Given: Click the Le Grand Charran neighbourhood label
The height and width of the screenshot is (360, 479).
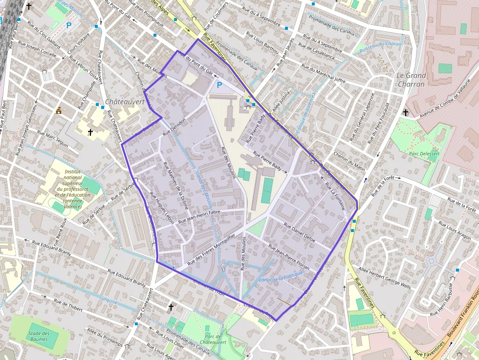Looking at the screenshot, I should tap(411, 80).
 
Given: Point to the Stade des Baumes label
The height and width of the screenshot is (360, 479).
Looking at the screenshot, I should tap(39, 337).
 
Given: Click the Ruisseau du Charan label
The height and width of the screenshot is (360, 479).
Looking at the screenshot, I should tap(379, 47).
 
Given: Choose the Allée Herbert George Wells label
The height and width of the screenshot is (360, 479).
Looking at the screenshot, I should tap(385, 277).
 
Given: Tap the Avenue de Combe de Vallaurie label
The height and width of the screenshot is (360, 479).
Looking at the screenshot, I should tap(445, 98).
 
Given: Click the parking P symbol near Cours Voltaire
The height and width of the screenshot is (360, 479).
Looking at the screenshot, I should tap(69, 25).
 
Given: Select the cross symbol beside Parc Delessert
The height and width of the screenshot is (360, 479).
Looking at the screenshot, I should tap(406, 113).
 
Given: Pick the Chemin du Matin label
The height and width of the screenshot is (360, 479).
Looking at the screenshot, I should tap(349, 161).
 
